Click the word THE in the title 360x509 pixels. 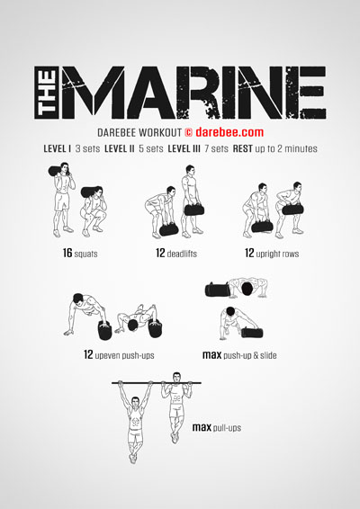coord(47,93)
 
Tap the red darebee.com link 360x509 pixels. coord(229,132)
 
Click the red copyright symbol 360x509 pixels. coord(189,132)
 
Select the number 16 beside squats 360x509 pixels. coord(67,253)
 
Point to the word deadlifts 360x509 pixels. coord(182,254)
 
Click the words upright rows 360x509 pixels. coord(277,254)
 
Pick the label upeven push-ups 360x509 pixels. coord(124,355)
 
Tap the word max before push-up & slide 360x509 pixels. coord(211,355)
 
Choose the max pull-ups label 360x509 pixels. coord(217,427)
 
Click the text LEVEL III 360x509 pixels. coord(184,148)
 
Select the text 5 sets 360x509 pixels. coord(151,148)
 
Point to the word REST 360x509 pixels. coord(243,148)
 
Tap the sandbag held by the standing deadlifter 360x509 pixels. coord(194,210)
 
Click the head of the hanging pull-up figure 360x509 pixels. coord(134,401)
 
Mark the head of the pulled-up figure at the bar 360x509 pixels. coord(176,377)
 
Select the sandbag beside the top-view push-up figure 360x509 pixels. coord(217,290)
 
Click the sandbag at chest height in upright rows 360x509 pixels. coord(292,210)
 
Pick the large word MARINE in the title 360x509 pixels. coord(193,93)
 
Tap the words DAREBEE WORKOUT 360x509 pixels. coord(139,132)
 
